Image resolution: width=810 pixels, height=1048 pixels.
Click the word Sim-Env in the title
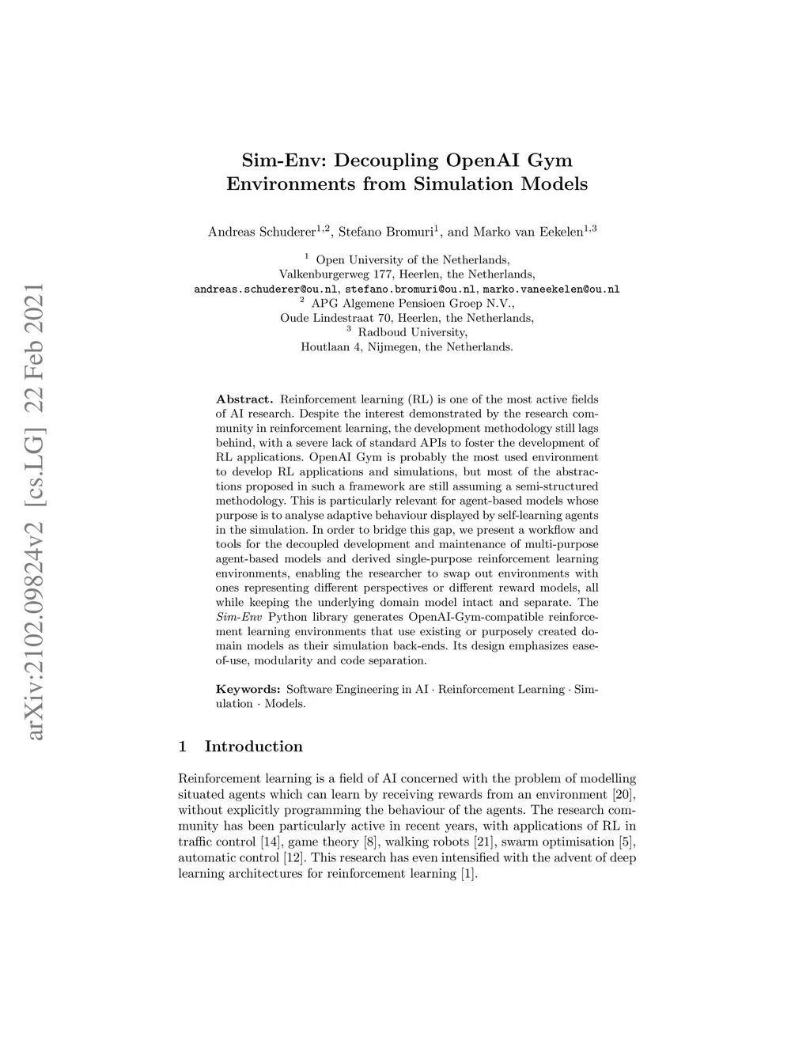click(283, 161)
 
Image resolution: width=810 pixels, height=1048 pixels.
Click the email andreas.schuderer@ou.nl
click(265, 289)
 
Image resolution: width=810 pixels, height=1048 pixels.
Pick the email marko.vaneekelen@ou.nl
click(551, 289)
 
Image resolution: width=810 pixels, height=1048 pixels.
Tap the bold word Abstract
click(244, 399)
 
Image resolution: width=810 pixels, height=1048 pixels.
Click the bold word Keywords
click(248, 690)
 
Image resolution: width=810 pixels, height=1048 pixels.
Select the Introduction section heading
click(253, 747)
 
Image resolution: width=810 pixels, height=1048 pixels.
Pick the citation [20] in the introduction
click(624, 793)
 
